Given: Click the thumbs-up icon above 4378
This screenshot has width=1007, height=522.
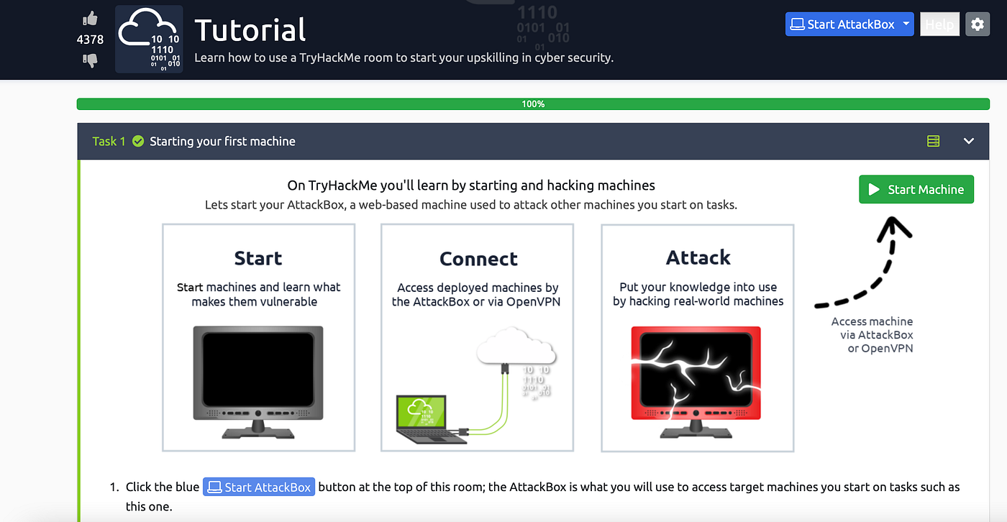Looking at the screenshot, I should [90, 19].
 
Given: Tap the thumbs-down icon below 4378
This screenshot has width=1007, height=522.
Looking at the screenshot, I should [90, 60].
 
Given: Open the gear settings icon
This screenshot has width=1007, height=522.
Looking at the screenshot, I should [977, 24].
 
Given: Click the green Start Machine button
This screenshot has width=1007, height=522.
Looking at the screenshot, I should [916, 190].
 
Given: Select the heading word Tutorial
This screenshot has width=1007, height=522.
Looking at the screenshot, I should [250, 30].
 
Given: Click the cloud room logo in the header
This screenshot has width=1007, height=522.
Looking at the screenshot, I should [149, 40].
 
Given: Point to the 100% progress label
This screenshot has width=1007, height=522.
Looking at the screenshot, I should [533, 104].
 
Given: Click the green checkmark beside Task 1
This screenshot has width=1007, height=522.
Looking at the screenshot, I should [138, 141].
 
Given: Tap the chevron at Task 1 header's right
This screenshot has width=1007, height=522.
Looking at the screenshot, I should [968, 141].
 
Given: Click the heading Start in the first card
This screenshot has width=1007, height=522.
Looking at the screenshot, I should [258, 258].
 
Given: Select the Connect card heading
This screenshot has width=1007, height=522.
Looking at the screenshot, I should [478, 259].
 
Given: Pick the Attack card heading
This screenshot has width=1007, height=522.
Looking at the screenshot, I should [698, 257].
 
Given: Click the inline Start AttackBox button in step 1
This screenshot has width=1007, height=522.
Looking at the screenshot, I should [259, 487].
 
